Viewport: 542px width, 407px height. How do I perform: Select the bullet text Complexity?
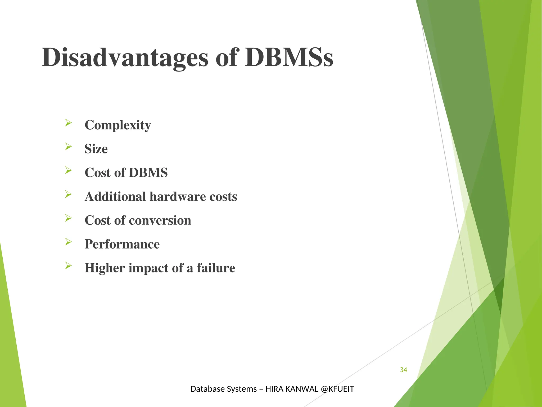(118, 125)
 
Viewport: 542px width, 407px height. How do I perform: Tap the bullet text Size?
(96, 149)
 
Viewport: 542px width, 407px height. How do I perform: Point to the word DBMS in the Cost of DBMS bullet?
(148, 172)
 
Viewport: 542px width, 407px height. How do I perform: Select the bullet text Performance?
(122, 244)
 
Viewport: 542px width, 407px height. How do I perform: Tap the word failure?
(216, 268)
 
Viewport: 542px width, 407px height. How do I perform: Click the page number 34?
(403, 370)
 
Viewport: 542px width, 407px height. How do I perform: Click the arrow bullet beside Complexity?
(68, 123)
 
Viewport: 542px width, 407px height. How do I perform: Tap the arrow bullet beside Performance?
(68, 242)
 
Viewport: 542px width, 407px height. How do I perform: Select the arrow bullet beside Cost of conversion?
(68, 218)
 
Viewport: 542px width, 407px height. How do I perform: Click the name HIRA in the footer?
(274, 389)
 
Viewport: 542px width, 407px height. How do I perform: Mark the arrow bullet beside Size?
(68, 147)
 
